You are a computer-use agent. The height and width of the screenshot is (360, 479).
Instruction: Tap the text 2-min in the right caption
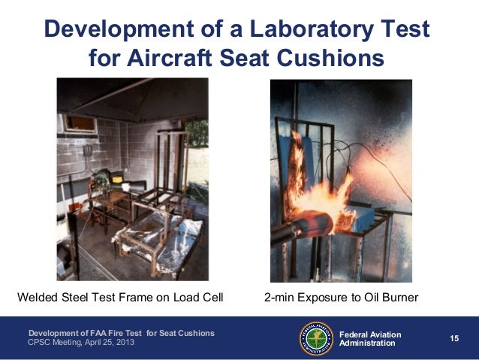tap(279, 298)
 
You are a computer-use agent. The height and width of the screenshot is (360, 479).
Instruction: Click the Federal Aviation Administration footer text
tap(370, 339)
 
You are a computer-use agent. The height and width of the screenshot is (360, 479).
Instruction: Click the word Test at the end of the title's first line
tap(405, 30)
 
